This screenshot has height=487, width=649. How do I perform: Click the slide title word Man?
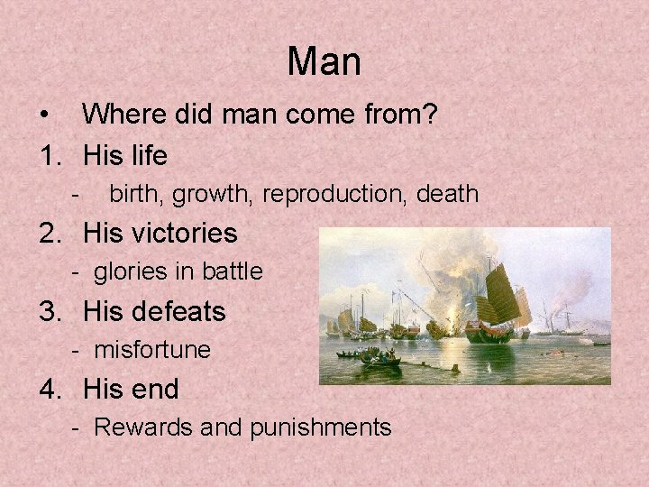click(324, 61)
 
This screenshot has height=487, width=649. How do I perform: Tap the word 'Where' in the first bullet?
click(121, 115)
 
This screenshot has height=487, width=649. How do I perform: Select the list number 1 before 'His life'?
click(49, 156)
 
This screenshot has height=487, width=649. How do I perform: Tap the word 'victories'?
click(184, 234)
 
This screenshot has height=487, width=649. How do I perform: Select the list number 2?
click(49, 234)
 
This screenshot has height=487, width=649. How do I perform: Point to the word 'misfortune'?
click(152, 350)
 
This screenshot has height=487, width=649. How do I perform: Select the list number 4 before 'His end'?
click(49, 390)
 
